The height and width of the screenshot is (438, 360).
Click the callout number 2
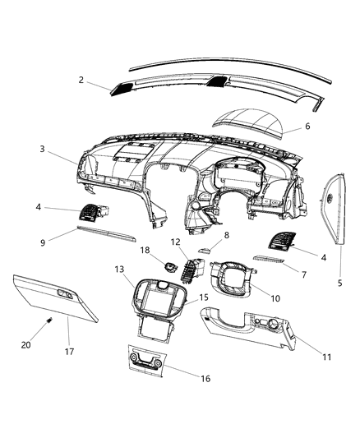[81, 80]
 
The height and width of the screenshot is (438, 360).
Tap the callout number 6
[307, 127]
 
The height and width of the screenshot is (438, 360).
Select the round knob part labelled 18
[169, 265]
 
